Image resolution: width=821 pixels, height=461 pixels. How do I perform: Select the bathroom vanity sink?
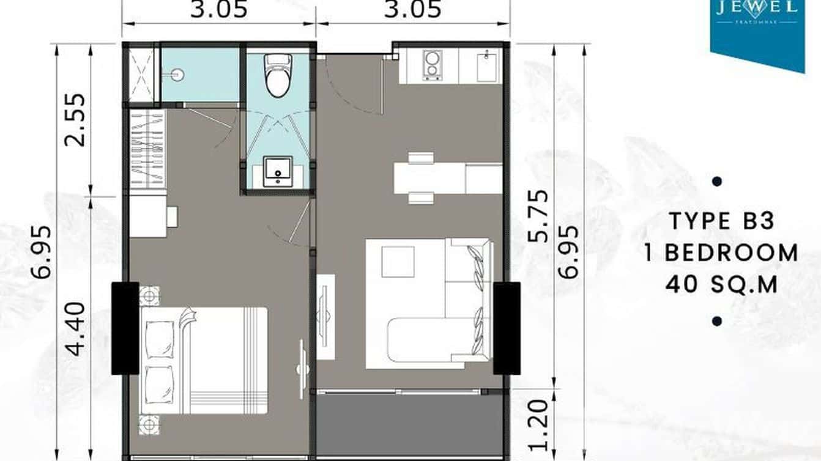278,171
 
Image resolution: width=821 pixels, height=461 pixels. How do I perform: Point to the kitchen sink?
488,65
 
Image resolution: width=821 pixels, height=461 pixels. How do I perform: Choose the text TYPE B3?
721,221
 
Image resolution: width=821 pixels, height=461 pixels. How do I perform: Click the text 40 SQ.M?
721,284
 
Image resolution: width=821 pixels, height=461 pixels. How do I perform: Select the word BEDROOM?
731,253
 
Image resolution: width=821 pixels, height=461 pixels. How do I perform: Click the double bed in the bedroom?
204,360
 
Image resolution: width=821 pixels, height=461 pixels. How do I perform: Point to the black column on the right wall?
507,328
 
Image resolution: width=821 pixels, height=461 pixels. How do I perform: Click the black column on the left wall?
125,328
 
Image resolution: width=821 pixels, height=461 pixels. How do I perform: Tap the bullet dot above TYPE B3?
718,182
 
